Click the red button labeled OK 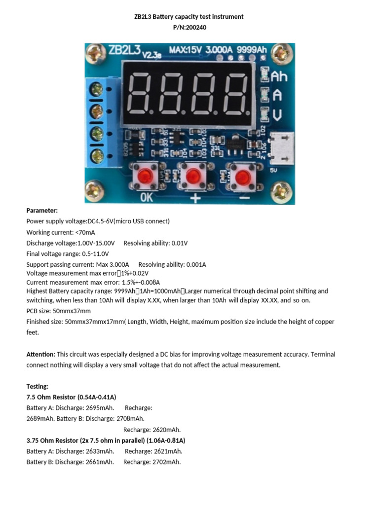[145, 175]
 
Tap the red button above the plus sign [193, 175]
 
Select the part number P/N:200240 [189, 28]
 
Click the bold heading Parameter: [42, 210]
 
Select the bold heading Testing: [38, 386]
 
